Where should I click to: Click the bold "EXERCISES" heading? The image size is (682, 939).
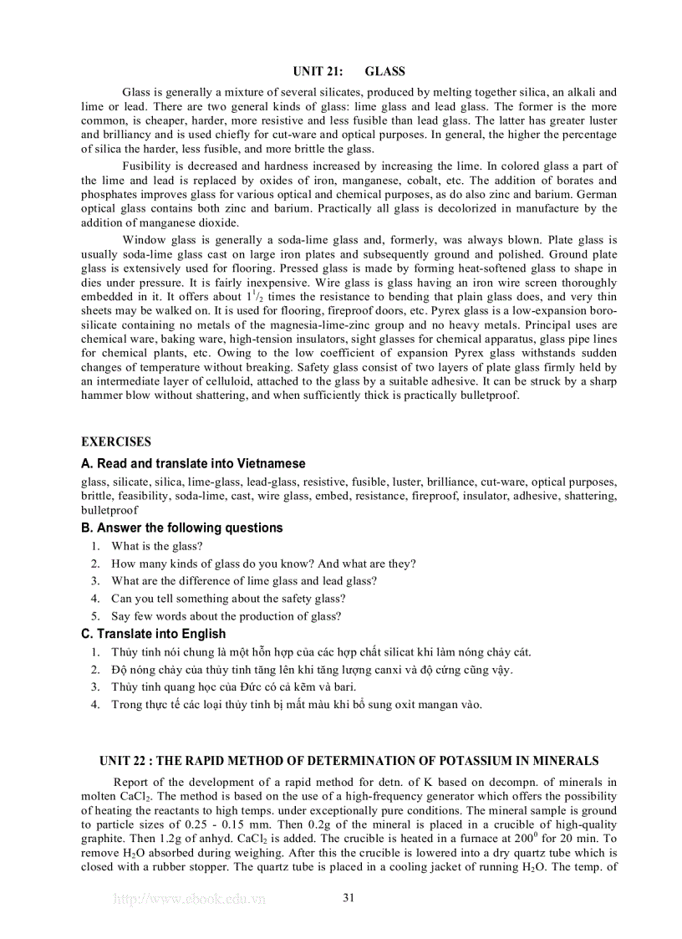pyautogui.click(x=116, y=441)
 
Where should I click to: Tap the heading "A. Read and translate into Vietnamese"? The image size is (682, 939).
pyautogui.click(x=193, y=463)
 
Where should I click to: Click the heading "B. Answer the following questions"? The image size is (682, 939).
pyautogui.click(x=181, y=528)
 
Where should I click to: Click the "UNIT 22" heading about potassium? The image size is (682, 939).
pyautogui.click(x=349, y=761)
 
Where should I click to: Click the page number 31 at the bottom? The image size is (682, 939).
pyautogui.click(x=349, y=898)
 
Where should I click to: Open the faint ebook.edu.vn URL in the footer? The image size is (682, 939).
pyautogui.click(x=188, y=900)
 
